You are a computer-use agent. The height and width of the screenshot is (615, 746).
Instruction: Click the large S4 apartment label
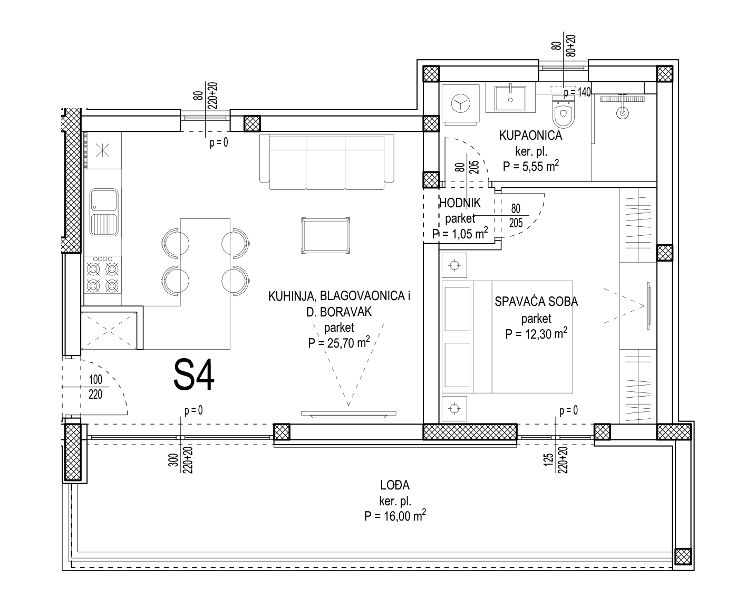[193, 375]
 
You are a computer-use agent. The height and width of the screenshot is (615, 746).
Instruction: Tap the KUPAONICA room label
[530, 136]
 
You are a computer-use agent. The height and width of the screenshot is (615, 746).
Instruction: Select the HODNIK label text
[460, 203]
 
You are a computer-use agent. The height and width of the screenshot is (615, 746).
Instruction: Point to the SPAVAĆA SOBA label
[536, 301]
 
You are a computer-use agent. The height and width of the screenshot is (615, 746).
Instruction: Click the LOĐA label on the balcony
[395, 485]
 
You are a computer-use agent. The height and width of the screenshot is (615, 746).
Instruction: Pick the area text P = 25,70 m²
[338, 342]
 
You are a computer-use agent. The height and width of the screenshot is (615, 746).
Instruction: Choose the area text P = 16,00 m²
[395, 516]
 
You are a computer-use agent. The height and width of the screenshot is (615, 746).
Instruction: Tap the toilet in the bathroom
[564, 111]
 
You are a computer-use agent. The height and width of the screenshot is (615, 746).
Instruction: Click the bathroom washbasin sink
[510, 98]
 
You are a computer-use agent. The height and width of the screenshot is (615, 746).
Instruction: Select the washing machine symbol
[461, 104]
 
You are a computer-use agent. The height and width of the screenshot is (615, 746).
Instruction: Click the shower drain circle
[623, 113]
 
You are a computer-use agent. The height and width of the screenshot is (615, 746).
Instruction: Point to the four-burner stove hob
[102, 275]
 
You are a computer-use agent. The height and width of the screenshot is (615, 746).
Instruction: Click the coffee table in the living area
[325, 235]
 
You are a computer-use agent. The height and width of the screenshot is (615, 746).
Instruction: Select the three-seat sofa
[326, 162]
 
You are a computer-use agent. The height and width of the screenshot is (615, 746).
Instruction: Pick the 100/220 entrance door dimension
[95, 387]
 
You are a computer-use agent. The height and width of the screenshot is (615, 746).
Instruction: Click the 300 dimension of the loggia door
[173, 460]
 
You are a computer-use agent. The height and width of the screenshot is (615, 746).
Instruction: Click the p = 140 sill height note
[577, 92]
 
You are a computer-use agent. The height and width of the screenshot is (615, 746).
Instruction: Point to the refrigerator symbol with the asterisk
[102, 150]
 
